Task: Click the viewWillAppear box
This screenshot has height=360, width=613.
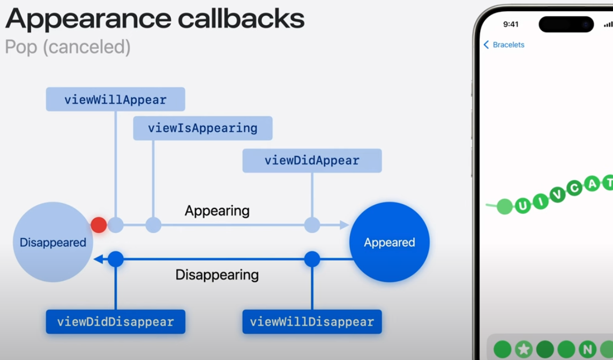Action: coord(115,100)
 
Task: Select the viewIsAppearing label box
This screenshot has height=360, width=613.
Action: coord(203,129)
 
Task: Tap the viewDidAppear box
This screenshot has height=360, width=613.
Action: coord(312,161)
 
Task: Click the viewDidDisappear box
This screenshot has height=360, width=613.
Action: coord(115,322)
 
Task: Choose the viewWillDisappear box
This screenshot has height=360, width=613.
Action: coord(312,322)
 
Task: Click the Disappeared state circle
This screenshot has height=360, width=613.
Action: coord(53,242)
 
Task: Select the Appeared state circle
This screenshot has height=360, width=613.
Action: coord(390,242)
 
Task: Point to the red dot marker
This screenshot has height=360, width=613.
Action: coord(99,225)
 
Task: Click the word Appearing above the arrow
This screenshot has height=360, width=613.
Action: coord(217,211)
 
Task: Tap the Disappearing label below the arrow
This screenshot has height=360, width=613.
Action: coord(217,275)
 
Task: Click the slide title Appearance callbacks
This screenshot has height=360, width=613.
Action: coord(155,19)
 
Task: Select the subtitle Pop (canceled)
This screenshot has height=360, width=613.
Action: coord(68,47)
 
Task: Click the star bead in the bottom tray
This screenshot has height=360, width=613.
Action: coord(523,350)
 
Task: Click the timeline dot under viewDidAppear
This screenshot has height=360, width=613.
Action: coord(312,225)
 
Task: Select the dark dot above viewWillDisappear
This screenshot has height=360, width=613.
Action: coord(312,260)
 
